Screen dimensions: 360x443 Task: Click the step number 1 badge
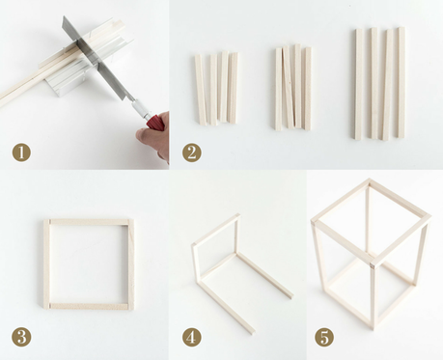click(x=21, y=152)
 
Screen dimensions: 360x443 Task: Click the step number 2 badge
click(x=191, y=152)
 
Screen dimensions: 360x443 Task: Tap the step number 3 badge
click(x=21, y=337)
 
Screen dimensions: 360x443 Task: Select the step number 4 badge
click(x=191, y=337)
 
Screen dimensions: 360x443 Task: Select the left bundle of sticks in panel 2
click(x=216, y=88)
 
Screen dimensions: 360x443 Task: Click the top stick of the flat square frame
click(x=89, y=222)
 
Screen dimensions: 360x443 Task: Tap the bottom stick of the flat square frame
click(x=89, y=306)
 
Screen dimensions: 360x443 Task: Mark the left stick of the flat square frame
click(x=46, y=263)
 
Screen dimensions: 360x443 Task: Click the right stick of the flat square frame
click(x=131, y=263)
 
